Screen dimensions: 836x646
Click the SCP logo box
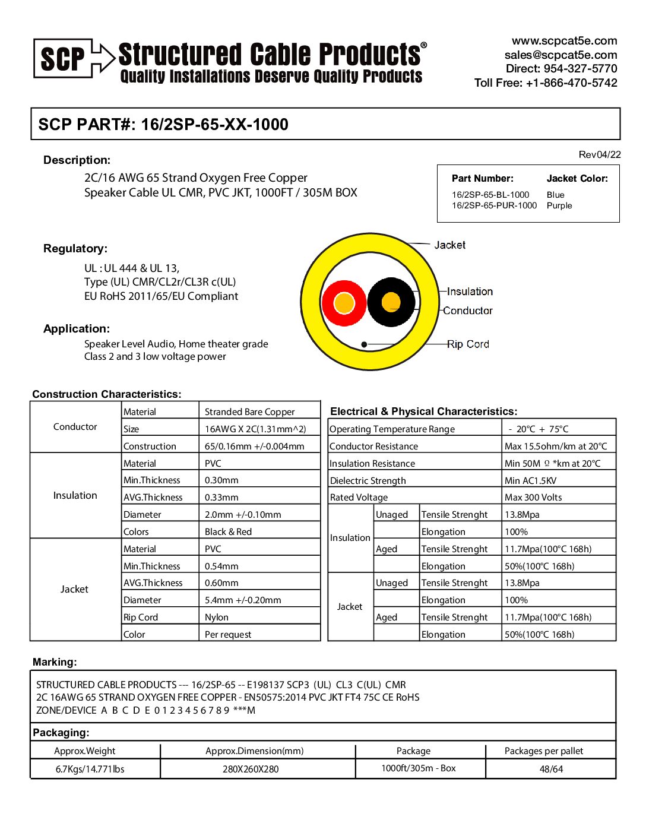click(x=63, y=59)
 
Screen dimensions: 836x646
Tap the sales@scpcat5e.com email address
click(x=560, y=55)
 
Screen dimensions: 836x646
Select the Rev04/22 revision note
click(x=599, y=155)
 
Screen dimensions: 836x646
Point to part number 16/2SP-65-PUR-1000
click(x=494, y=205)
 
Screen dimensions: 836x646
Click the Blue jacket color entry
click(x=555, y=195)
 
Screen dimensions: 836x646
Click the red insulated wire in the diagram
click(x=344, y=303)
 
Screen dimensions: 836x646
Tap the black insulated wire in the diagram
click(x=391, y=302)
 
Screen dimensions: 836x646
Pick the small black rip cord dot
click(x=364, y=344)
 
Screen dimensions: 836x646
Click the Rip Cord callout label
click(x=468, y=344)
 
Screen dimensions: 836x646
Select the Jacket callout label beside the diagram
click(x=449, y=245)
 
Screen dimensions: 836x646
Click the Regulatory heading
click(x=75, y=249)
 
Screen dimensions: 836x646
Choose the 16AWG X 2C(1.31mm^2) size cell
click(x=255, y=429)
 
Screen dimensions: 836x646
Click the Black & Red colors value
click(x=228, y=532)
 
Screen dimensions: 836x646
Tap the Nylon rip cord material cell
click(x=217, y=617)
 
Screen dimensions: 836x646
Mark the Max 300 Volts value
click(x=533, y=498)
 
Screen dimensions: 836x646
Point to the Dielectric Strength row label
click(x=368, y=481)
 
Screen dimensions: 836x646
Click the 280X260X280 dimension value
click(x=251, y=769)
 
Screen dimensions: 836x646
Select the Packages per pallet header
click(x=544, y=751)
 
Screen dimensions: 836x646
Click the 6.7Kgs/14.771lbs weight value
click(x=90, y=769)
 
